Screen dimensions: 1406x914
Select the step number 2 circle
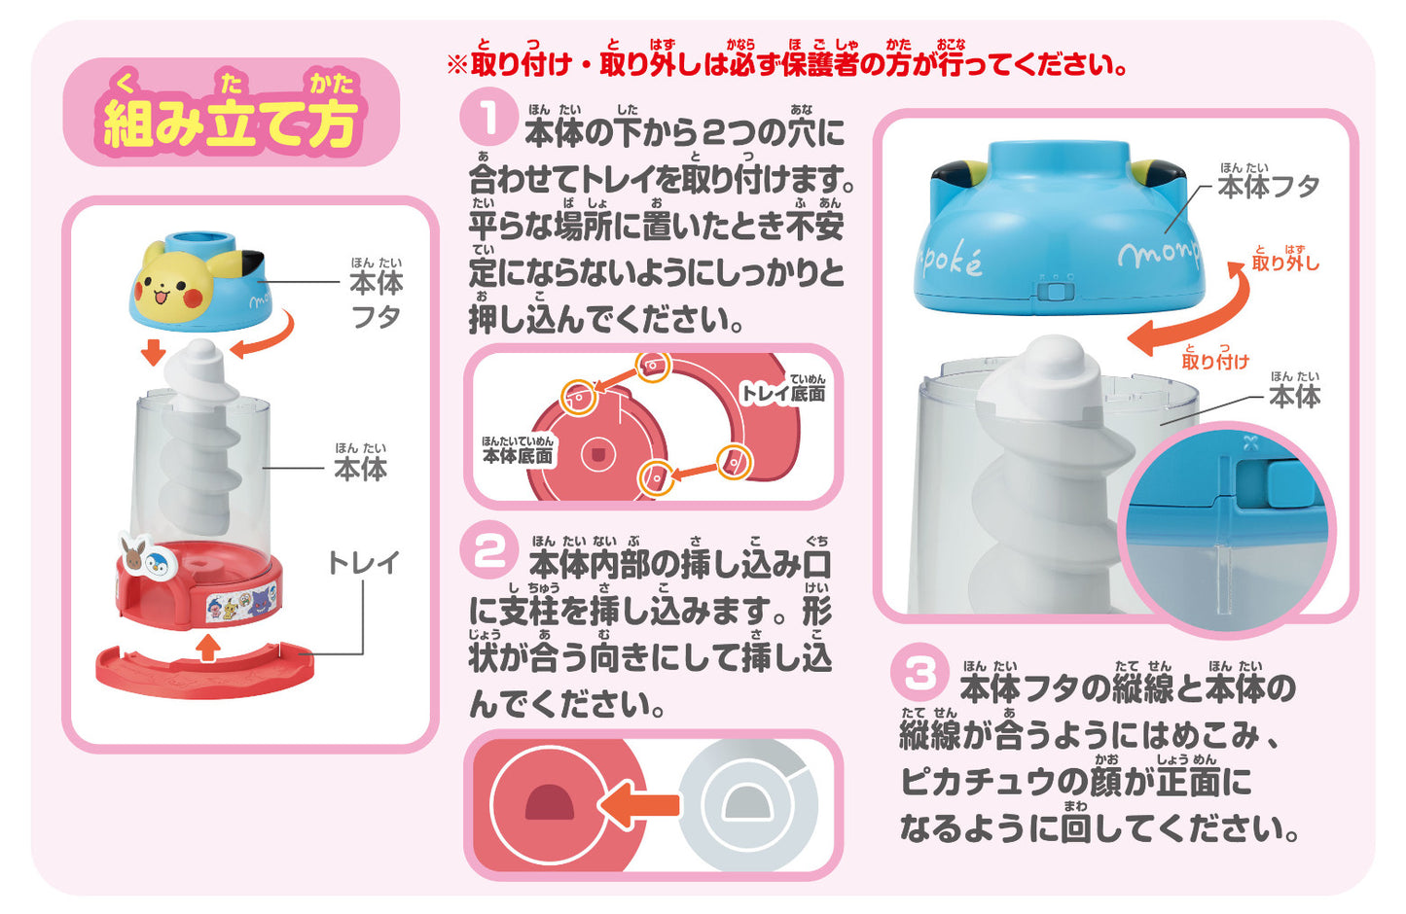coord(490,554)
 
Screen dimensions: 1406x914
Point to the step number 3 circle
coord(919,674)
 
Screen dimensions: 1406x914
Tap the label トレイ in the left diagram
coord(363,563)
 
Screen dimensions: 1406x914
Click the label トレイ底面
coord(783,392)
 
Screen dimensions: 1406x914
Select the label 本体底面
coord(518,455)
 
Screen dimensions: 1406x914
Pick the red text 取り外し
coord(1284,263)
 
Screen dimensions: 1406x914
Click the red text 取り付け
coord(1215,361)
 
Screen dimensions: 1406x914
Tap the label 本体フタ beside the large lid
coord(1268,186)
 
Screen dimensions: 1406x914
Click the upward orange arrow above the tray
coord(207,648)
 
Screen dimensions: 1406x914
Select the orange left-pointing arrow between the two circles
coord(637,804)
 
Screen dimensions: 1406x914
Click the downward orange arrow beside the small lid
coord(153,351)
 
